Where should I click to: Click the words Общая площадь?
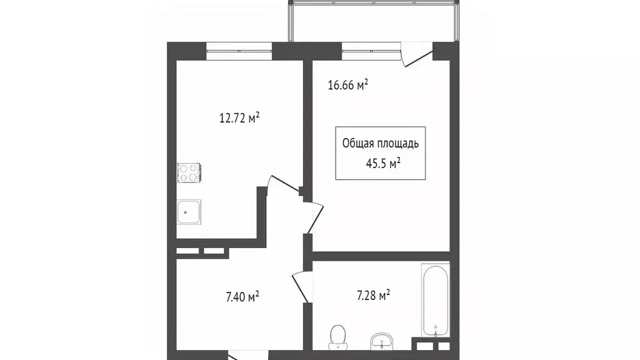(x=380, y=143)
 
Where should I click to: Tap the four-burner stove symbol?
(x=188, y=172)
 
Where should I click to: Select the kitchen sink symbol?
(x=188, y=211)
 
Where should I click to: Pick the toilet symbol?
(x=338, y=337)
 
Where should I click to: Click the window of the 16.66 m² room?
(x=371, y=51)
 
